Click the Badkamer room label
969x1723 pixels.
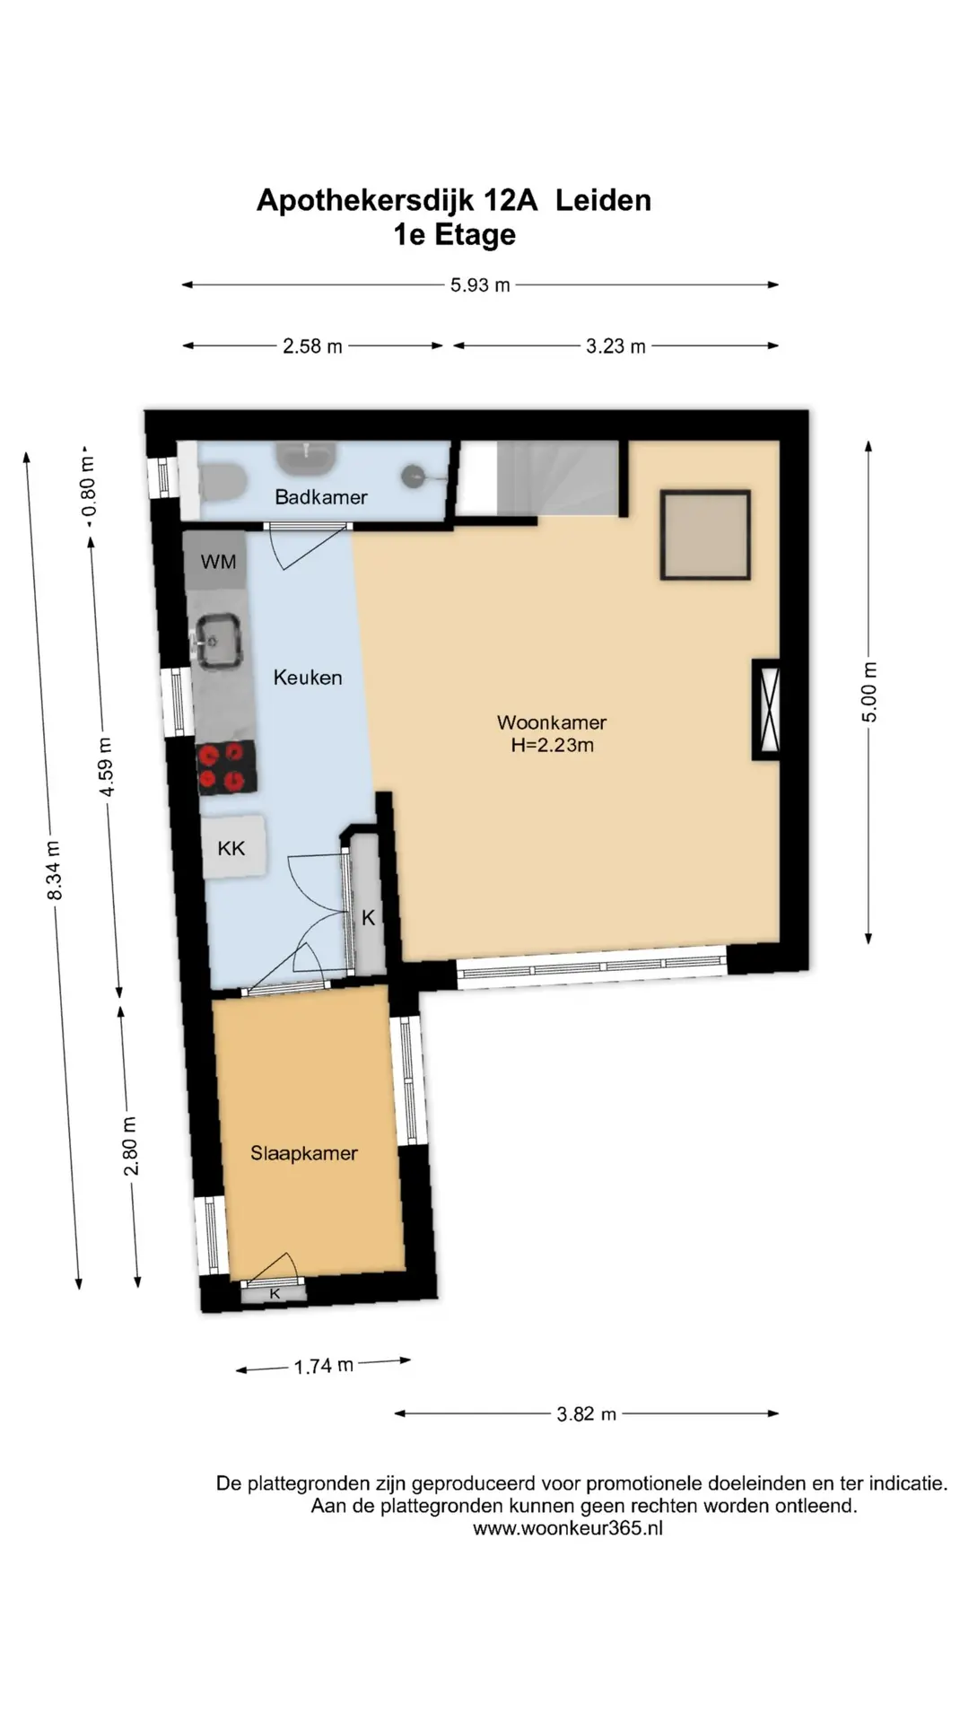[x=320, y=497]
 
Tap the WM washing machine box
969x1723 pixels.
[x=216, y=561]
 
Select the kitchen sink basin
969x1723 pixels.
[x=218, y=641]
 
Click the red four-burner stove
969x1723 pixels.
[x=226, y=768]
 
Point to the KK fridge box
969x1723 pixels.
[x=232, y=847]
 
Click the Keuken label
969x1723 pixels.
[x=308, y=678]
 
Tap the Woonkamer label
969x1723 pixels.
[x=552, y=722]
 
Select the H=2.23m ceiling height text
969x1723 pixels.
[x=553, y=745]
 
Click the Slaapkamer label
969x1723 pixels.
[x=304, y=1153]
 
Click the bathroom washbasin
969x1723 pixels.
[x=306, y=459]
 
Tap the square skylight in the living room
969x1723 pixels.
[x=705, y=535]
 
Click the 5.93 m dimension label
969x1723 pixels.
[x=480, y=285]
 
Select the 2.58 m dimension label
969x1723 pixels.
[x=312, y=346]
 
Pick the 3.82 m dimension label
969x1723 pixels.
[x=586, y=1414]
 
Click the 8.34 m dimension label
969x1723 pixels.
[x=54, y=870]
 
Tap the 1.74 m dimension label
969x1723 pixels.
[x=323, y=1366]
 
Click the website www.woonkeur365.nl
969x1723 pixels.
[x=568, y=1528]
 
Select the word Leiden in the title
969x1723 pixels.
[x=603, y=200]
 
